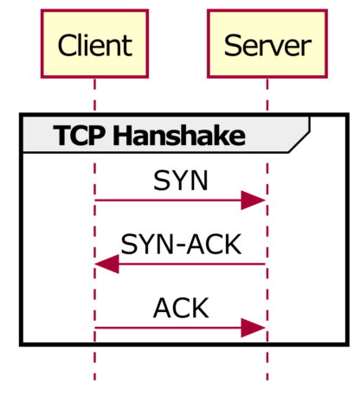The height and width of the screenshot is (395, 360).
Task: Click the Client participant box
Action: pyautogui.click(x=94, y=44)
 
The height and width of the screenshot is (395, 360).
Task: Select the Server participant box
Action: pyautogui.click(x=267, y=44)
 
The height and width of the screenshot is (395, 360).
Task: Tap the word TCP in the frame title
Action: pyautogui.click(x=79, y=136)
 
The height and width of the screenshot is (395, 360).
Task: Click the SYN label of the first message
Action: pyautogui.click(x=180, y=181)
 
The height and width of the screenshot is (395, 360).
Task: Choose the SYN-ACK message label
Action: pyautogui.click(x=180, y=245)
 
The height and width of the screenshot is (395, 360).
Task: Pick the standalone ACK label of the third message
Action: pyautogui.click(x=180, y=308)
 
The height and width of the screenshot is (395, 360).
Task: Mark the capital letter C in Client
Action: pyautogui.click(x=67, y=45)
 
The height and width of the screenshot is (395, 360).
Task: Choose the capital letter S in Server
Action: pyautogui.click(x=232, y=45)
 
